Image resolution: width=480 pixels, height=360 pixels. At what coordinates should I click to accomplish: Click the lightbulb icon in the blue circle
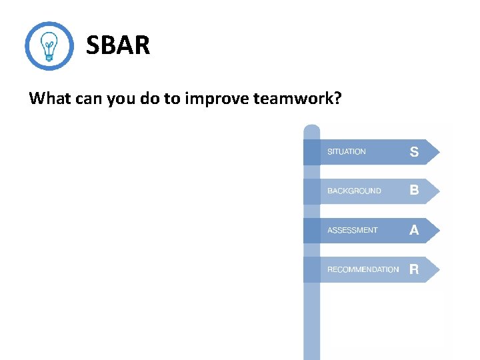49,46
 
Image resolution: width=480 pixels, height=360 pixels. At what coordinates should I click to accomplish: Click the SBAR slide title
118,46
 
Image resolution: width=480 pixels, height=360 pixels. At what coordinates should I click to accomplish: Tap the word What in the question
50,99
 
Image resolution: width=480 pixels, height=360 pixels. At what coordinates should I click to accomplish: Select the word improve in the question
217,99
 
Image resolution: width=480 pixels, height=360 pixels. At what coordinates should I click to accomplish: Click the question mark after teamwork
338,99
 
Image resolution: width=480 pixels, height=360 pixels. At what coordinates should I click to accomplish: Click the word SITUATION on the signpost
346,152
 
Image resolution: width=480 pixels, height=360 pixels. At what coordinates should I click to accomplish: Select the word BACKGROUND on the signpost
354,191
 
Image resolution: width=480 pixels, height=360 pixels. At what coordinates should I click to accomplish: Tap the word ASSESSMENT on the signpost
352,231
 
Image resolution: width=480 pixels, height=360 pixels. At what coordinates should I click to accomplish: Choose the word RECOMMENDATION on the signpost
363,270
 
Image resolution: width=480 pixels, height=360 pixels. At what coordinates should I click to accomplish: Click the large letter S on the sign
414,152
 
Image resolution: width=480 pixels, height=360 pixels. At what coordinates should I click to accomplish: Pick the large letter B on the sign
414,191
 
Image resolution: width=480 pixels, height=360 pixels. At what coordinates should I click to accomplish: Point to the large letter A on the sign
414,230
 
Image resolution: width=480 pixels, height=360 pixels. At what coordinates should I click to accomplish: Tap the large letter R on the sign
414,269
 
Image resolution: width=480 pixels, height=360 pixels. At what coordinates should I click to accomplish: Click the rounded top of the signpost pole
311,128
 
